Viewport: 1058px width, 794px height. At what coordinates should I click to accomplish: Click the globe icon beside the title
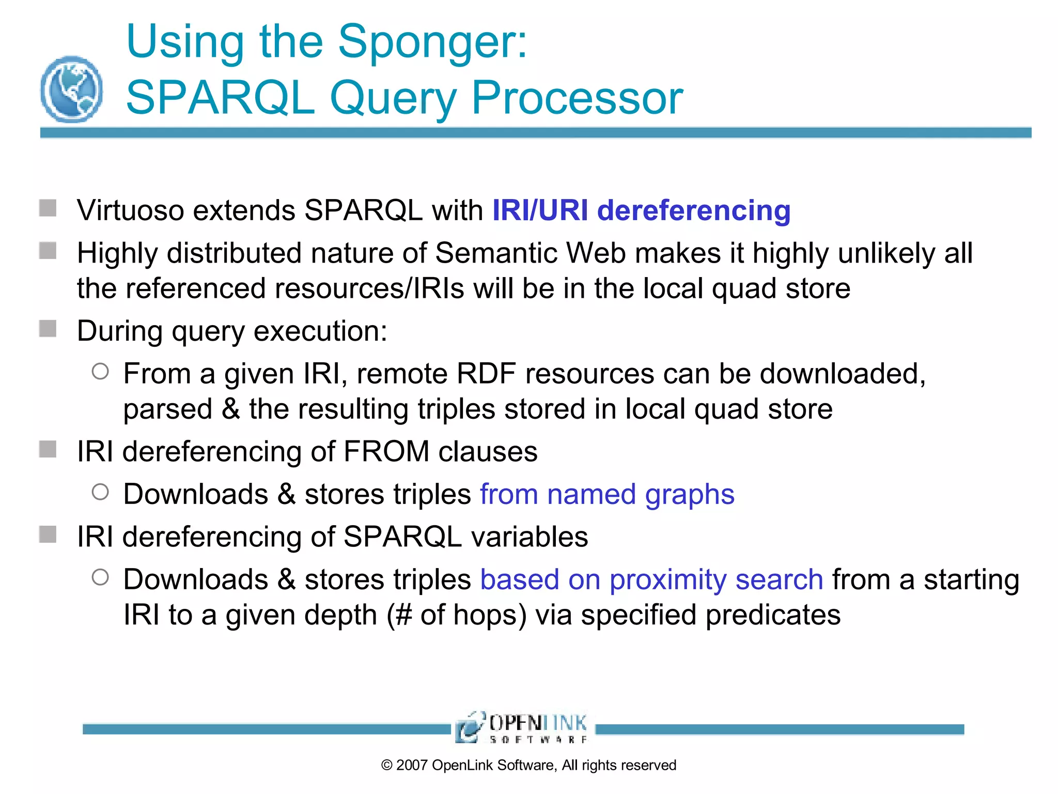coord(71,89)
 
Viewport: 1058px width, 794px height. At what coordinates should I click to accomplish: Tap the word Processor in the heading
coord(577,98)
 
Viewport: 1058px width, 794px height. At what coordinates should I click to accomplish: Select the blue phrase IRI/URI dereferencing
coord(641,211)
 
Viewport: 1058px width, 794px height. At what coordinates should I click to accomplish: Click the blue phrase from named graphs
coord(606,494)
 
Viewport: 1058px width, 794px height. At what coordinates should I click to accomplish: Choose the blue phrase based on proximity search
coord(651,579)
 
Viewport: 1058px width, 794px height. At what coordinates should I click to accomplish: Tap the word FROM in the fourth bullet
coord(386,452)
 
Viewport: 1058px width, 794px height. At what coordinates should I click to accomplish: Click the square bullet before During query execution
coord(48,329)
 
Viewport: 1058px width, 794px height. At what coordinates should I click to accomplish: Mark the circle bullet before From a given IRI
coord(100,372)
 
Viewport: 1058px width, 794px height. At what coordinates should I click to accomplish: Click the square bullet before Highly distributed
coord(48,251)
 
